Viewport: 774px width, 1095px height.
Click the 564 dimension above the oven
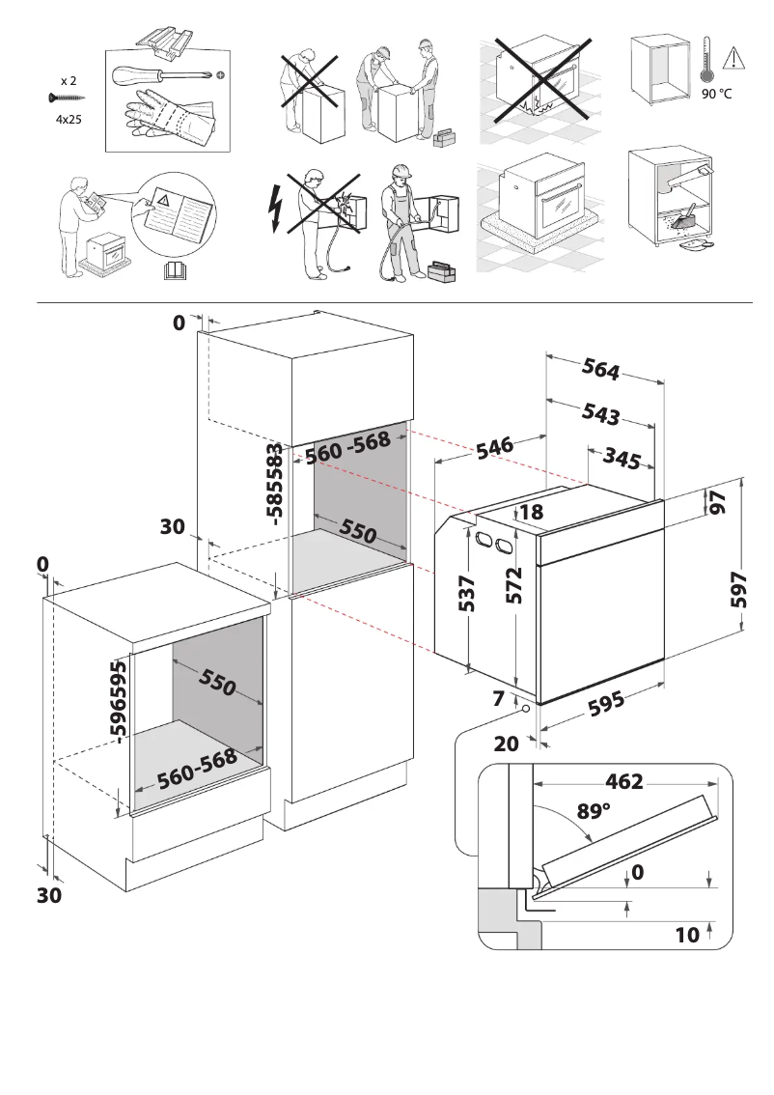(600, 369)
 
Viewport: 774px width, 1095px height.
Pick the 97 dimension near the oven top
(716, 503)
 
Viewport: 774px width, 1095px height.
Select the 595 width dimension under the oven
(606, 706)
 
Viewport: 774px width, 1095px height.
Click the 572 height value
(514, 586)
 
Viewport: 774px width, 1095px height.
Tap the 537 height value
(467, 593)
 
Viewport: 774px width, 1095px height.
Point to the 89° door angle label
(594, 811)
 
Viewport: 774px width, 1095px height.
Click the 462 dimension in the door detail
(623, 781)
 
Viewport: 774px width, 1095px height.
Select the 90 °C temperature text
(716, 95)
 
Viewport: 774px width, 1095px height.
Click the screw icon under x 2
(65, 98)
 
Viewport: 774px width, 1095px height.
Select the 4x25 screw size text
(67, 121)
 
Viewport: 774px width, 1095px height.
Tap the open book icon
(175, 270)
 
